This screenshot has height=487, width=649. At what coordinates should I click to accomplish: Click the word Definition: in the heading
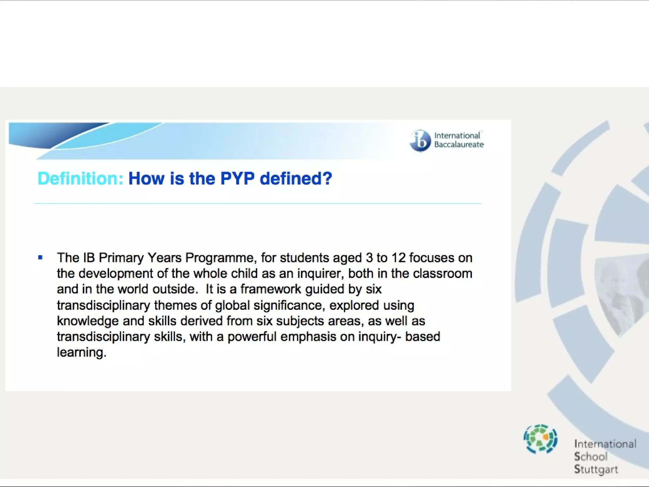[x=80, y=179]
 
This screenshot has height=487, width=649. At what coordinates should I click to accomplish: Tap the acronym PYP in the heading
[x=237, y=179]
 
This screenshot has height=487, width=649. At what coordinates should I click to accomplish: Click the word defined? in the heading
[x=296, y=179]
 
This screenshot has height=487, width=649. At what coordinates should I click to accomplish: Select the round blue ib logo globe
[x=420, y=141]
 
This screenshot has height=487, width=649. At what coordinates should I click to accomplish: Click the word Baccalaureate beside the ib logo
[x=459, y=145]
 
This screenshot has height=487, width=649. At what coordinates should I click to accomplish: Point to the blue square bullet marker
[x=40, y=257]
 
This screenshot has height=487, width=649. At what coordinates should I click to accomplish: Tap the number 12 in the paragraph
[x=398, y=258]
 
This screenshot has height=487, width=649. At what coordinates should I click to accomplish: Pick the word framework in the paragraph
[x=271, y=289]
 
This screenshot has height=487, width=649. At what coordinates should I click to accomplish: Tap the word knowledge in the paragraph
[x=88, y=321]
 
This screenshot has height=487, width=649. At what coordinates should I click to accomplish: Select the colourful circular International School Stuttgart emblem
[x=541, y=439]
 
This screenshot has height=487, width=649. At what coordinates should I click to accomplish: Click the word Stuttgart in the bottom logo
[x=596, y=469]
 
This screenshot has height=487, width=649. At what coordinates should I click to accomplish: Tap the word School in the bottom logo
[x=591, y=457]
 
